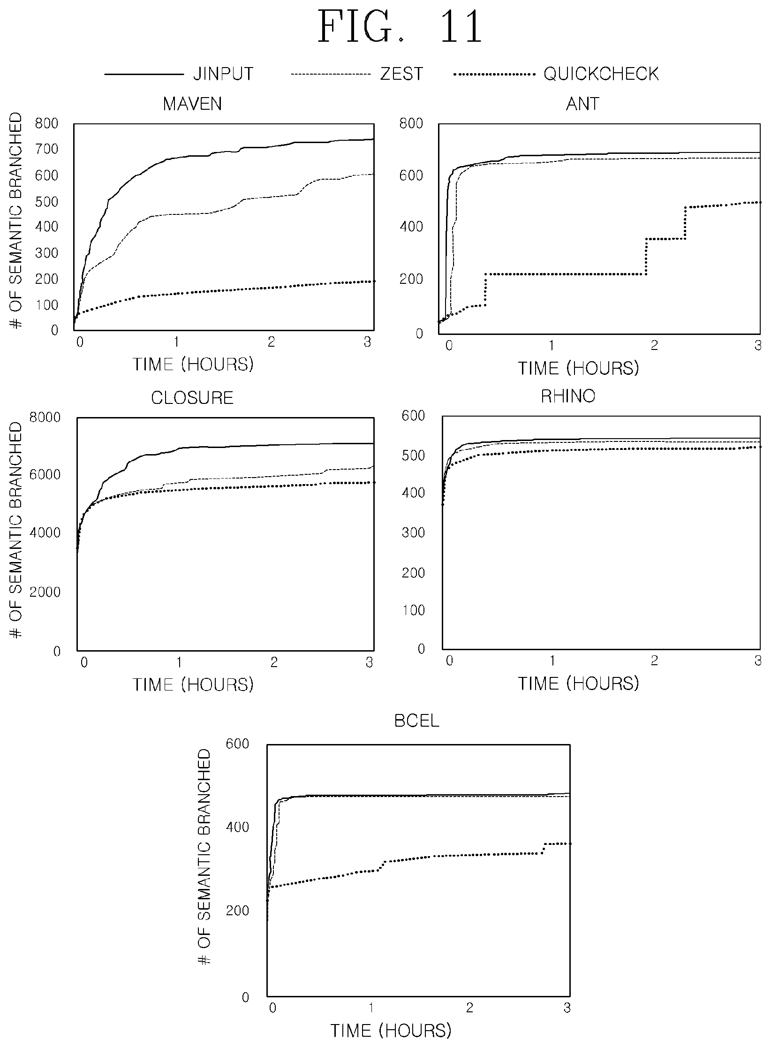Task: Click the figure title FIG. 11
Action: pyautogui.click(x=400, y=27)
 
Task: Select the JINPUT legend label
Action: pyautogui.click(x=223, y=74)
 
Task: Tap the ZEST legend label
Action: pyautogui.click(x=401, y=74)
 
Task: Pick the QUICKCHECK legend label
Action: pyautogui.click(x=601, y=74)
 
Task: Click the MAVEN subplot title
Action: pyautogui.click(x=192, y=104)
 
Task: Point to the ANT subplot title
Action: pyautogui.click(x=582, y=104)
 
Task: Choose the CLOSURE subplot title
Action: pyautogui.click(x=192, y=398)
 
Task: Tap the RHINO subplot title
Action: pyautogui.click(x=568, y=396)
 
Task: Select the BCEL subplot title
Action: pyautogui.click(x=417, y=721)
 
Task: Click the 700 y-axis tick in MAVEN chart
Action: pyautogui.click(x=47, y=149)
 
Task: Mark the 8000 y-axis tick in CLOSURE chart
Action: pyautogui.click(x=45, y=417)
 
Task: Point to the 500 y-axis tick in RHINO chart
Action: pyautogui.click(x=414, y=456)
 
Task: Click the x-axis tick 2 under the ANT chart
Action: pyautogui.click(x=654, y=346)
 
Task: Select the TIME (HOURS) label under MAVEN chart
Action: pyautogui.click(x=193, y=365)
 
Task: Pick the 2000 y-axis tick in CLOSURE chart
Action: pyautogui.click(x=45, y=592)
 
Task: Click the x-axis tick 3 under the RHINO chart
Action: pyautogui.click(x=758, y=661)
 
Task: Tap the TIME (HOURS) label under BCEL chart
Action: pyautogui.click(x=391, y=1031)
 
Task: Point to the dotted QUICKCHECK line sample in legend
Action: pyautogui.click(x=495, y=74)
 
